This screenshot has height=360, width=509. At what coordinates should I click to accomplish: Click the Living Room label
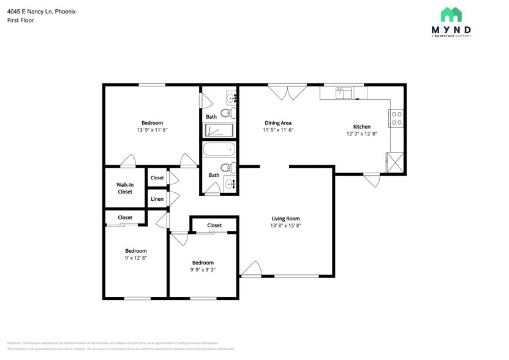pos(285,219)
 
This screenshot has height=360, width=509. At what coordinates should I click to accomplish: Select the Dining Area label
pos(277,122)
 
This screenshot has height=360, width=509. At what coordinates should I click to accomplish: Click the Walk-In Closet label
pos(125,188)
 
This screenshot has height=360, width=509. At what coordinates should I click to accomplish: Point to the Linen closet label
pos(157,199)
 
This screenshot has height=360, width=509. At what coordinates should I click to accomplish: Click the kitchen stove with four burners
pos(396,118)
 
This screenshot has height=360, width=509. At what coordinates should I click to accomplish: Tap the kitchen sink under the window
pos(343,93)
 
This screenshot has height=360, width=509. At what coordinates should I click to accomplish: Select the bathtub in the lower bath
pos(219,150)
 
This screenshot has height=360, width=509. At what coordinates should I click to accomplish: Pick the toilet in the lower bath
pos(226,167)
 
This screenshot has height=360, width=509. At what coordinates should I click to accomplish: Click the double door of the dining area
pos(287,92)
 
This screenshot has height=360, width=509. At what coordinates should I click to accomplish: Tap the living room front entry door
pos(251,269)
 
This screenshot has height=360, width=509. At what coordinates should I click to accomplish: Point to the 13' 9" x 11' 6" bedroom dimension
pos(152,130)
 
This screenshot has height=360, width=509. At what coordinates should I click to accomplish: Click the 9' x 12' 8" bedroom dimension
pos(136,258)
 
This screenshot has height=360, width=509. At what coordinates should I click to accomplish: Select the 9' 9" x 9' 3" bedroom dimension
pos(202,269)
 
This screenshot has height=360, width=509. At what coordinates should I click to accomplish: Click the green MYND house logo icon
pos(451,15)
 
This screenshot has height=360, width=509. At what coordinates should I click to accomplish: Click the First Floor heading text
pos(21,20)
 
